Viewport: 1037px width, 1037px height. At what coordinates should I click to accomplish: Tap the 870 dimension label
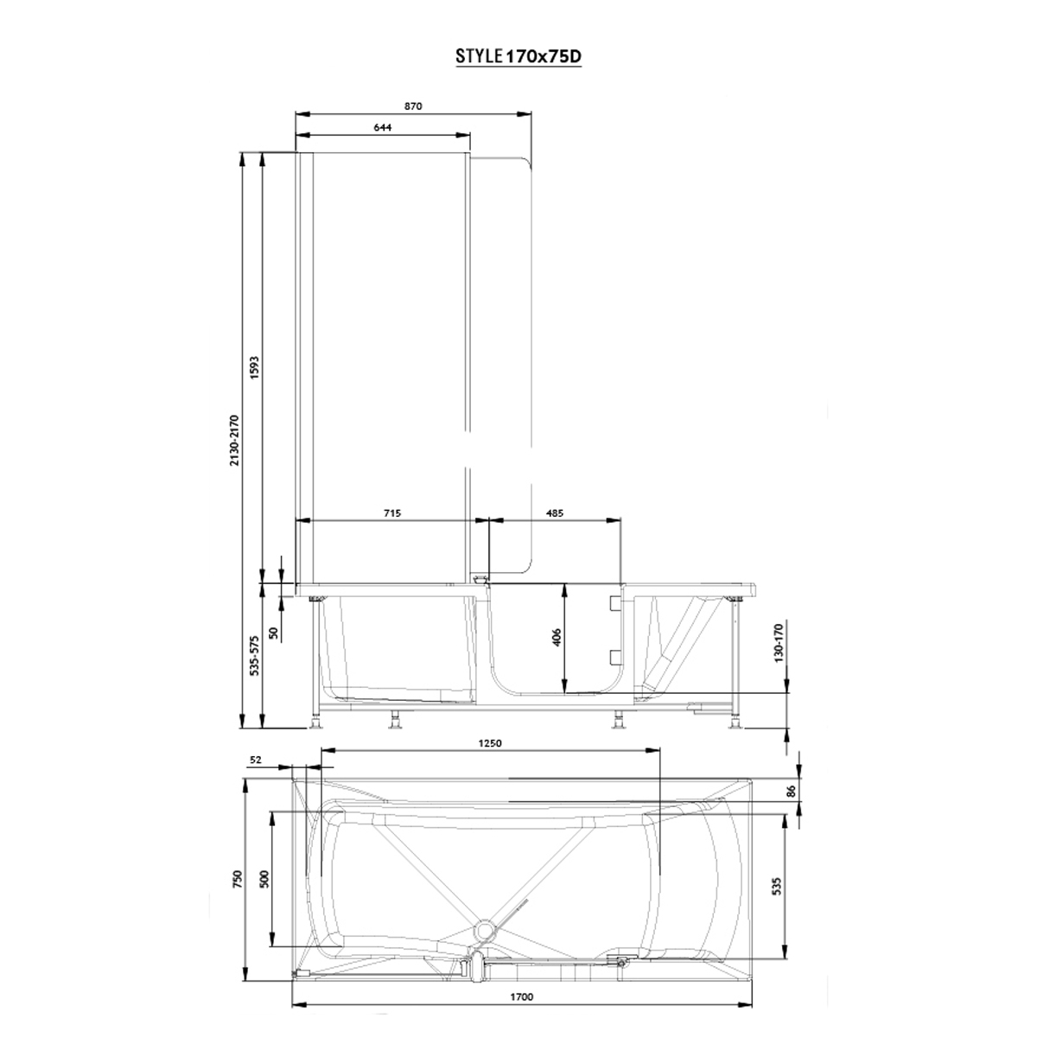(412, 106)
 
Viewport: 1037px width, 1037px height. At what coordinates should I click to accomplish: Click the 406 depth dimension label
(557, 637)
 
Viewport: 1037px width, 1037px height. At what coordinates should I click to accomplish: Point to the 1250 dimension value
(489, 742)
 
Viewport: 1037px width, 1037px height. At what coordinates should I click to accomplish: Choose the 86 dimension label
(791, 789)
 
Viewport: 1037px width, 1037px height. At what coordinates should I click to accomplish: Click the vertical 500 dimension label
(264, 879)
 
